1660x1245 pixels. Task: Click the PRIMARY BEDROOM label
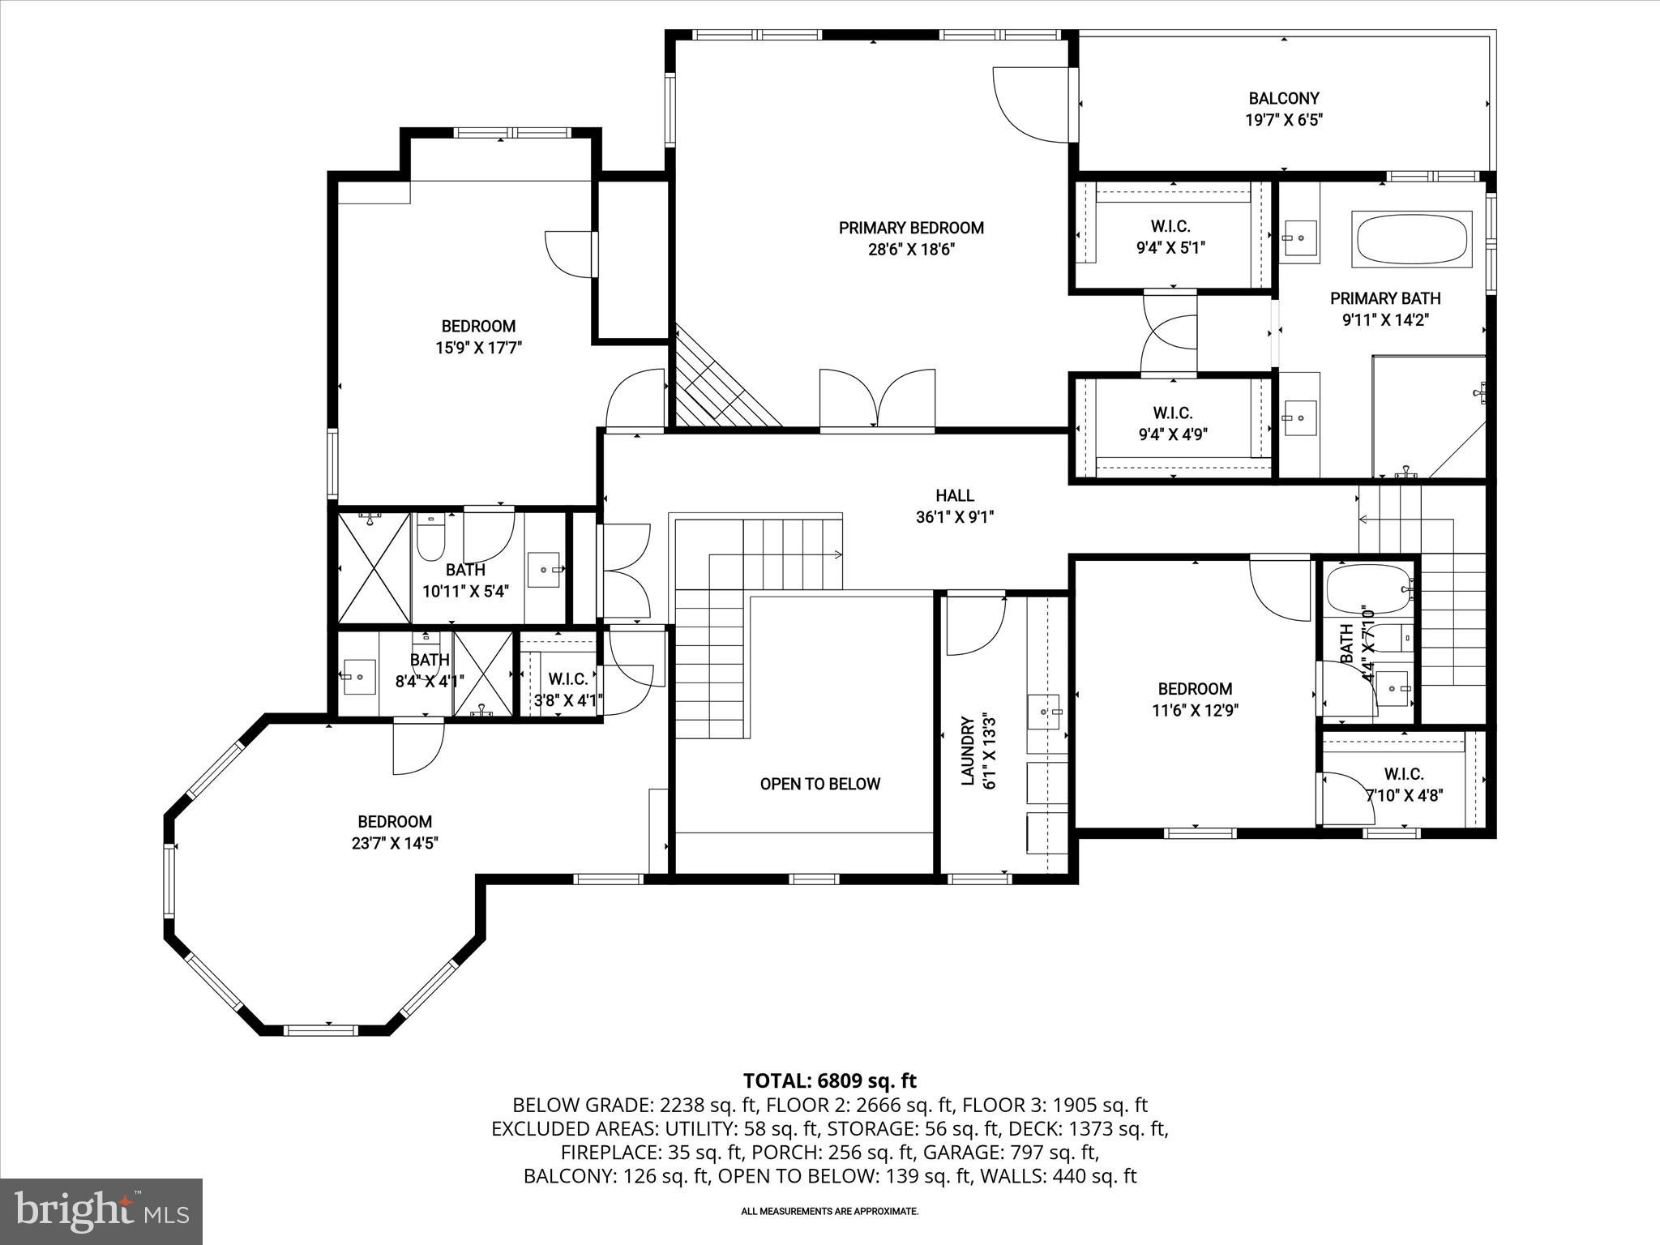click(x=911, y=229)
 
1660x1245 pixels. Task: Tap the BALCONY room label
click(x=1284, y=99)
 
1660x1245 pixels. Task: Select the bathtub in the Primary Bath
click(x=1411, y=239)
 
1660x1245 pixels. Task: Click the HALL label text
click(x=955, y=495)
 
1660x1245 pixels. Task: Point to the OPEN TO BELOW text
click(x=819, y=784)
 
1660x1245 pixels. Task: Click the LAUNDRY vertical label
click(x=967, y=751)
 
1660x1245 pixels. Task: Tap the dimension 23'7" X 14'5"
click(x=395, y=843)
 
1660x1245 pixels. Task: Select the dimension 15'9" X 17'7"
click(x=478, y=348)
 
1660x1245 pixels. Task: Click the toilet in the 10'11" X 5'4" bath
click(x=429, y=537)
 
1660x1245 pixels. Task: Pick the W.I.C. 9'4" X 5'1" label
click(x=1170, y=237)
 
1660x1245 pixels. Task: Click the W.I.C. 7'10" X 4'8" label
click(x=1404, y=785)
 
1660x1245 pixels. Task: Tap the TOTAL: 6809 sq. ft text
click(x=829, y=1080)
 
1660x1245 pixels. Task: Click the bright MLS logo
click(x=101, y=1211)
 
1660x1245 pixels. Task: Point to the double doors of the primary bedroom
click(x=877, y=398)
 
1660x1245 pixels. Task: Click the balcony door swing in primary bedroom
click(x=1027, y=105)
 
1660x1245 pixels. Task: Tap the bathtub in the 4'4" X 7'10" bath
click(x=1368, y=589)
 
